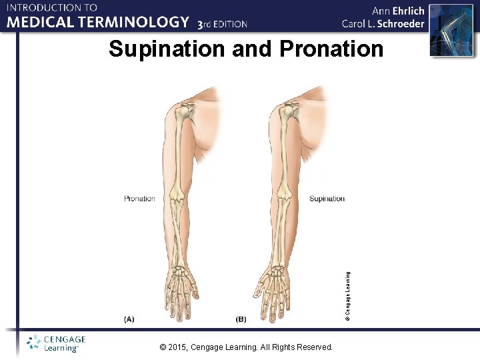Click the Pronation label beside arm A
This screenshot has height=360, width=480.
tap(139, 199)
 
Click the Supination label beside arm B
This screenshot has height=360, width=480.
tap(327, 199)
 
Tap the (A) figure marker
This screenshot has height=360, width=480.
tap(129, 319)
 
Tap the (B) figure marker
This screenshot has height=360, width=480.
tap(241, 319)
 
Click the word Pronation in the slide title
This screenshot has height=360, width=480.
tap(332, 49)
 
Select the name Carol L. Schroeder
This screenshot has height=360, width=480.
tap(383, 24)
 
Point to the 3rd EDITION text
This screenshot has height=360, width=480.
tap(222, 24)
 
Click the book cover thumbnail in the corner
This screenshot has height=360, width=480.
tap(445, 29)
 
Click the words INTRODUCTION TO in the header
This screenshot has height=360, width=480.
tap(52, 8)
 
